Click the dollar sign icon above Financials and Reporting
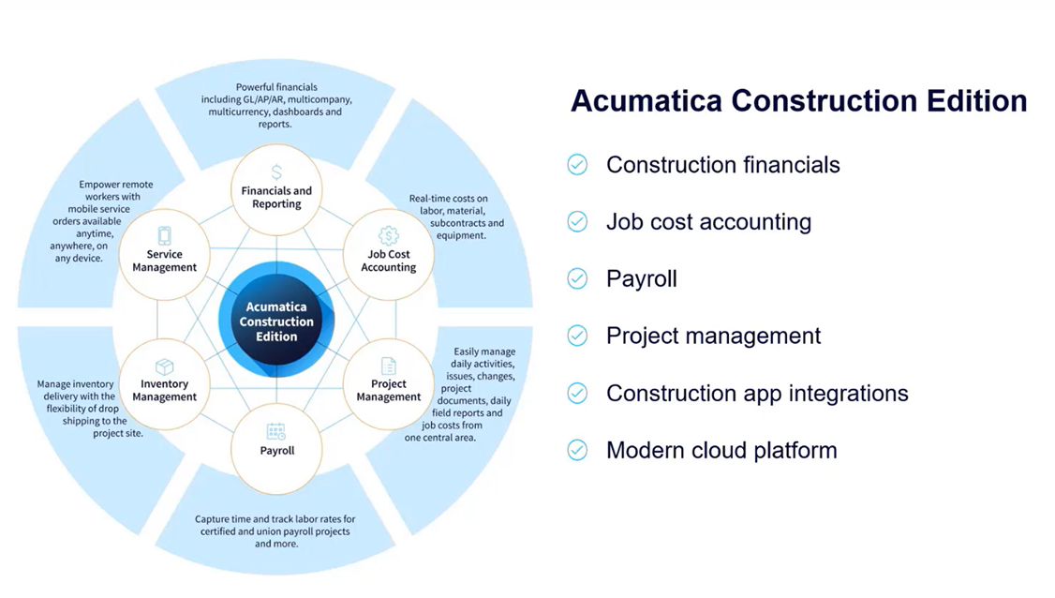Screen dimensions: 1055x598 pos(276,172)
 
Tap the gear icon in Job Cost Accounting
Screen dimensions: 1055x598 pos(388,235)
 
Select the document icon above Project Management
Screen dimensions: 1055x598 pos(388,366)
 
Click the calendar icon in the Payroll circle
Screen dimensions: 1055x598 pos(275,431)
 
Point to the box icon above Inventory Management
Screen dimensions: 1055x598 pos(164,366)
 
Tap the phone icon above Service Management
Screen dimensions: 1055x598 pos(164,236)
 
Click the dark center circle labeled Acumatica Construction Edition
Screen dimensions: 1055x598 pos(275,321)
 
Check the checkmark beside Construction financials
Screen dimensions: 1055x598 pos(577,165)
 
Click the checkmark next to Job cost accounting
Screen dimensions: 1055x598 pos(577,222)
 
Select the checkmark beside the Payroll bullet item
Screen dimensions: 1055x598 pos(577,279)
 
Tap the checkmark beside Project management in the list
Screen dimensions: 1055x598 pos(577,336)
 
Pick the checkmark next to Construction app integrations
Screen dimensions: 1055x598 pos(577,393)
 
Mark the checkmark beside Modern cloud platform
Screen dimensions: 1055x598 pos(577,450)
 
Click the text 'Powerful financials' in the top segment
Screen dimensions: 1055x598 pos(275,87)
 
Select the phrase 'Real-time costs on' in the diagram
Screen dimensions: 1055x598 pos(448,199)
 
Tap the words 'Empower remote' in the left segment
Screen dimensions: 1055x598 pos(116,185)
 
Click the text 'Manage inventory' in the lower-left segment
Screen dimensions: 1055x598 pos(76,384)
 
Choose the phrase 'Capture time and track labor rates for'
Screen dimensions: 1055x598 pos(275,519)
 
